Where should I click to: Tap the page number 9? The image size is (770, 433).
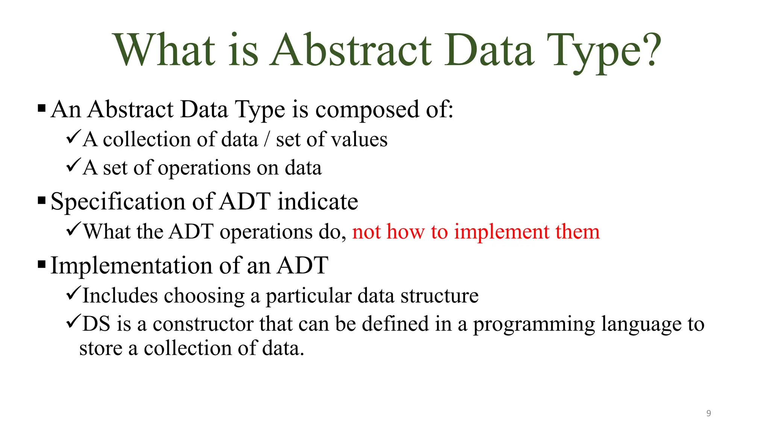tap(708, 413)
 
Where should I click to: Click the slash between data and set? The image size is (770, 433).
tap(267, 139)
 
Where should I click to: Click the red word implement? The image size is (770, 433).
tap(502, 232)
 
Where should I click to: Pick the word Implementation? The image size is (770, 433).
tap(132, 265)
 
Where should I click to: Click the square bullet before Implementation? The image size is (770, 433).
tap(42, 264)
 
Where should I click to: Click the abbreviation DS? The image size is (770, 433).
tap(96, 324)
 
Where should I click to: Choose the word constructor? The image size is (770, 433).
tap(203, 324)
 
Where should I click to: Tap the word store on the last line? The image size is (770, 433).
tap(101, 348)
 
